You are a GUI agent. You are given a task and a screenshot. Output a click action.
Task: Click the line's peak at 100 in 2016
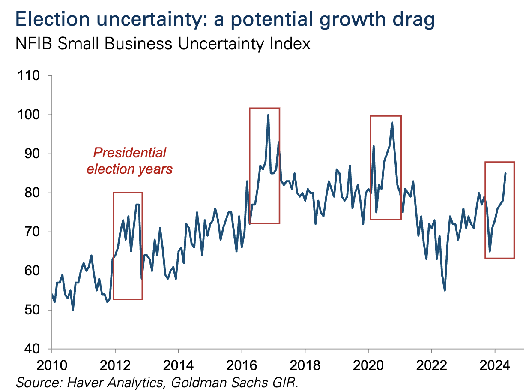tap(268, 115)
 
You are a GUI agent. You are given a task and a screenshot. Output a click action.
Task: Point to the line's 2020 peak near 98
tap(392, 123)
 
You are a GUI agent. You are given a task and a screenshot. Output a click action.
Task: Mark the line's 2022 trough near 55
tap(445, 290)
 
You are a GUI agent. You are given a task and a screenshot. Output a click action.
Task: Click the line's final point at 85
tap(505, 173)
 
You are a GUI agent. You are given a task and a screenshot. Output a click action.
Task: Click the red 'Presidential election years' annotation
tap(130, 161)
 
